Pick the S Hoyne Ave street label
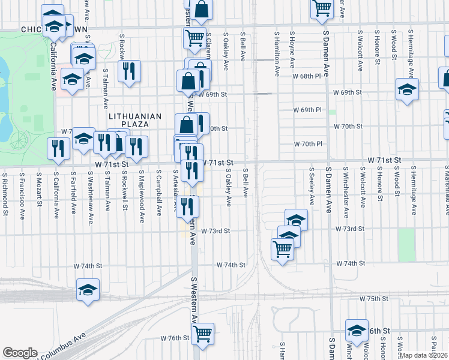(x=292, y=50)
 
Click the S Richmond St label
(x=5, y=195)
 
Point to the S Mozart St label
(x=39, y=191)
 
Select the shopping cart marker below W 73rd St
(x=282, y=248)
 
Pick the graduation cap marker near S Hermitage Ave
(x=407, y=89)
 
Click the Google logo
(x=20, y=353)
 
